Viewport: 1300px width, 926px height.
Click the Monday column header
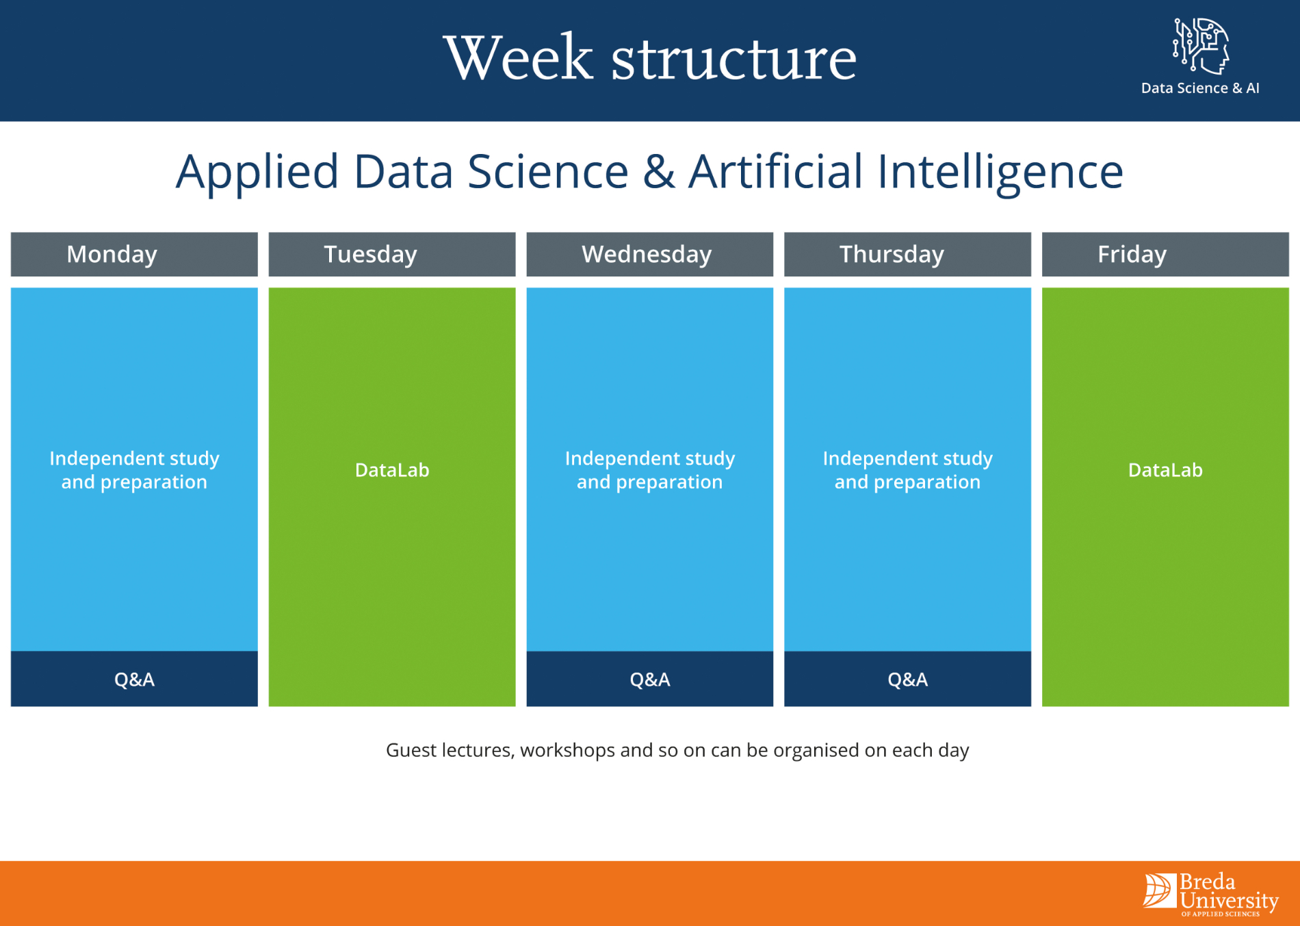coord(134,254)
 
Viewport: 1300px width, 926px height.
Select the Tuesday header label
coord(391,254)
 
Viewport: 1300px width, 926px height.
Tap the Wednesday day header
coord(649,254)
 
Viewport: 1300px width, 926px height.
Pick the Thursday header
coord(907,254)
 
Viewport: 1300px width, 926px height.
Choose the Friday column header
coord(1165,254)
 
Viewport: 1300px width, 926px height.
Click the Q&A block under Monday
coord(134,679)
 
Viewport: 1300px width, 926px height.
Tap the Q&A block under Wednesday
coord(649,679)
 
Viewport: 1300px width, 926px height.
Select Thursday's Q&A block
coord(907,679)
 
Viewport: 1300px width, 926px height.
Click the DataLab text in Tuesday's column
coord(392,470)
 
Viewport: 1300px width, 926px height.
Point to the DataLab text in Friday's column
coord(1165,470)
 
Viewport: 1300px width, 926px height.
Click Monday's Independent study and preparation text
coord(134,470)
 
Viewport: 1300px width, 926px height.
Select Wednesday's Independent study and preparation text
coord(649,470)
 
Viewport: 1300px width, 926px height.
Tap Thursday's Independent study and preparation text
coord(907,470)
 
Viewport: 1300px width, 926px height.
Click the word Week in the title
coord(518,58)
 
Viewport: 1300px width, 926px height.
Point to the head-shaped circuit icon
coord(1201,46)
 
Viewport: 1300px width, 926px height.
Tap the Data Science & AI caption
coord(1200,88)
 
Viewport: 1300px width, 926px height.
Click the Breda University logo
coord(1210,894)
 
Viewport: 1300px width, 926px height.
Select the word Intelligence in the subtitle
coord(1000,172)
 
